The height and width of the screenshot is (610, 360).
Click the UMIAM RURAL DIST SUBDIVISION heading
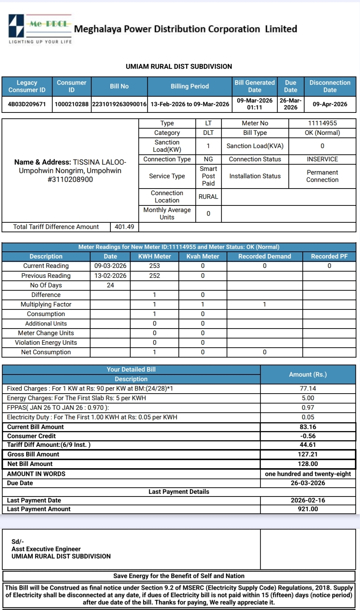(x=179, y=67)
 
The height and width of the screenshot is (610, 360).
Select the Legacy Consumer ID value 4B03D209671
(x=27, y=104)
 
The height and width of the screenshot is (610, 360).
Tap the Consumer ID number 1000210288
(x=71, y=104)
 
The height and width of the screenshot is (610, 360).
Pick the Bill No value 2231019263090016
(x=119, y=104)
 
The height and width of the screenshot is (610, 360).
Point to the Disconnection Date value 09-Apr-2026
(x=330, y=104)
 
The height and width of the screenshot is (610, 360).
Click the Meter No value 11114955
(x=322, y=123)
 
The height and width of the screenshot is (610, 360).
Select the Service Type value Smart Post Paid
(x=208, y=176)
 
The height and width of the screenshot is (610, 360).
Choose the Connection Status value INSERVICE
(x=322, y=159)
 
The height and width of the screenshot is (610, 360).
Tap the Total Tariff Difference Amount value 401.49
(x=124, y=227)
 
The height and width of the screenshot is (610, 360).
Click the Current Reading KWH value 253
(x=154, y=266)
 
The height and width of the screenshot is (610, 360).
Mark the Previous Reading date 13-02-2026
(x=110, y=276)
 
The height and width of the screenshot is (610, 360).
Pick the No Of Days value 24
(x=110, y=285)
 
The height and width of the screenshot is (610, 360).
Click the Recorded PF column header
(x=329, y=256)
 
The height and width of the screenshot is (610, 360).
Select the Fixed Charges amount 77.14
(x=308, y=388)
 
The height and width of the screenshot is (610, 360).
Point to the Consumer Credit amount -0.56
(x=308, y=436)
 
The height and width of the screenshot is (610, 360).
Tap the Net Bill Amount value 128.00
(x=308, y=464)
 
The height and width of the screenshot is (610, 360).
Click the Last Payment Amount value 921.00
(x=308, y=509)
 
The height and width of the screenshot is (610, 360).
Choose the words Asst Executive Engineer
(x=46, y=549)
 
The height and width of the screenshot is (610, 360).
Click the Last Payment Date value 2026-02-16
(x=308, y=500)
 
